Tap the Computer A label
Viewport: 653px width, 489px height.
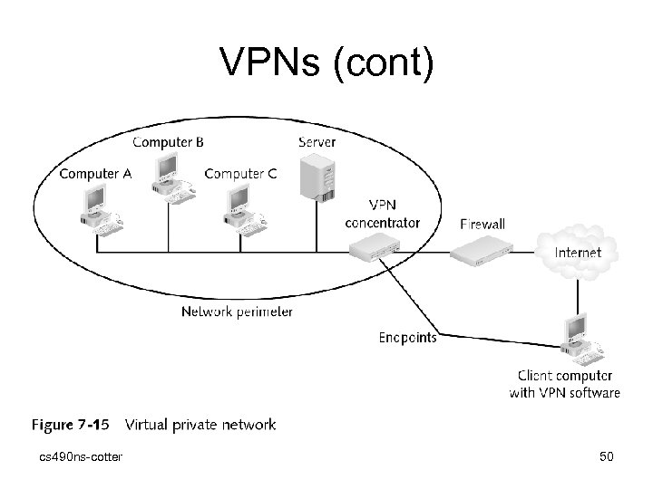(x=95, y=174)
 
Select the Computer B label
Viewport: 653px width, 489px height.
(x=169, y=141)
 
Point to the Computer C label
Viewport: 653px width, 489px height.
(x=241, y=174)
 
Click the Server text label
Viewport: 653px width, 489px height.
(x=317, y=141)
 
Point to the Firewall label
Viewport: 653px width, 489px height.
(x=482, y=224)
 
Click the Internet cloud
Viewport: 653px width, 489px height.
(x=577, y=251)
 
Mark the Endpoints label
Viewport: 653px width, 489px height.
(x=407, y=338)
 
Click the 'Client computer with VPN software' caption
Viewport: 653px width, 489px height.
(x=564, y=384)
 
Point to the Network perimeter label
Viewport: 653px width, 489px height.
(x=237, y=312)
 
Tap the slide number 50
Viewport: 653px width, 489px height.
(x=607, y=456)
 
